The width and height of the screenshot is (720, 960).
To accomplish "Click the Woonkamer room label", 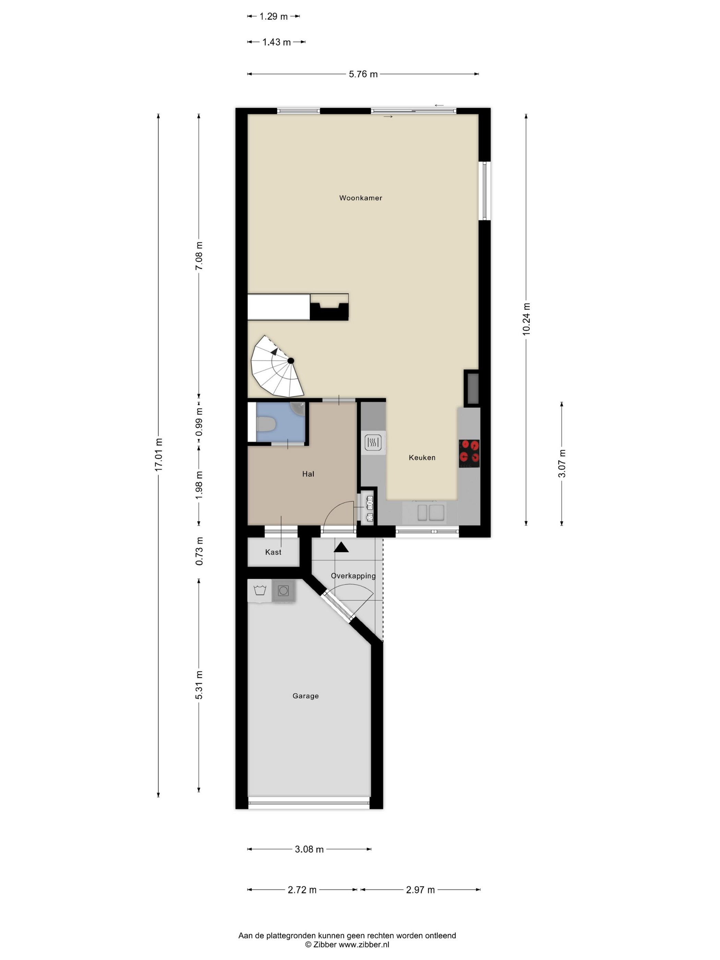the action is click(360, 198).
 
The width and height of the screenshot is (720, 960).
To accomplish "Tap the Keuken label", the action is click(422, 457).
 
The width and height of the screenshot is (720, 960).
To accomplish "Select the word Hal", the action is click(308, 474).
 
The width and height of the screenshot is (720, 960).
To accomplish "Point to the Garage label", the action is click(305, 696).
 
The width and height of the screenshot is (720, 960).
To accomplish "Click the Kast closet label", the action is click(273, 552).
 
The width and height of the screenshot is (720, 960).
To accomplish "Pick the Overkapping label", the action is click(353, 576).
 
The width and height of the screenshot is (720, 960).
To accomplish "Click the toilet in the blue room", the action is click(266, 424).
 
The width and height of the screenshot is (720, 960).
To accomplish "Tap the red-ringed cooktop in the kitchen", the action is click(469, 454).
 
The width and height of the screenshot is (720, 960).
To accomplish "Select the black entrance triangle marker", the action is click(341, 547).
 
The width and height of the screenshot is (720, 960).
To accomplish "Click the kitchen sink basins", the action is click(431, 513).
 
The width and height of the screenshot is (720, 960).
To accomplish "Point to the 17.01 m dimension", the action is click(159, 455).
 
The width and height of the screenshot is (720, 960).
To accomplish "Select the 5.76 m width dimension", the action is click(363, 74).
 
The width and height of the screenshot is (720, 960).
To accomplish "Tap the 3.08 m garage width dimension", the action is click(309, 849).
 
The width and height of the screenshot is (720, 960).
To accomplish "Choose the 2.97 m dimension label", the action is click(420, 890).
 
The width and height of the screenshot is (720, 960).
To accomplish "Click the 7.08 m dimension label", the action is click(199, 256).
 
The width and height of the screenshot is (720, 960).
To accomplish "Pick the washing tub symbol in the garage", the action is click(260, 590).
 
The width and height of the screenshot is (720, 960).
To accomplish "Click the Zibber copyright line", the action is click(347, 944).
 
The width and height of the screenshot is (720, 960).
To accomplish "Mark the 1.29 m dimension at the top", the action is click(273, 16).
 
